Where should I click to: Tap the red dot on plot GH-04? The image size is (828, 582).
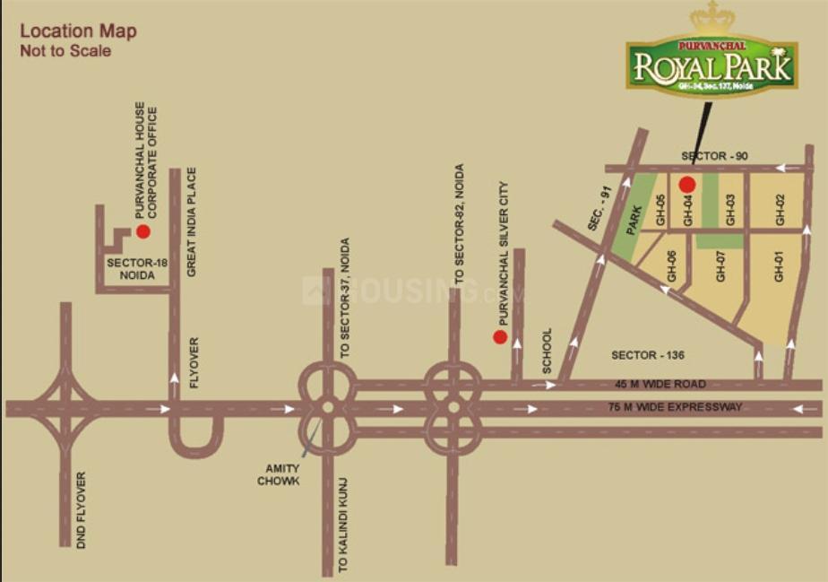point(687,185)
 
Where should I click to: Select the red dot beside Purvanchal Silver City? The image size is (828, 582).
point(500,337)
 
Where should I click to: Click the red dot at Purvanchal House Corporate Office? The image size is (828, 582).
point(142,231)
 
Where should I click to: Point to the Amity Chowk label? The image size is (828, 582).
point(279,475)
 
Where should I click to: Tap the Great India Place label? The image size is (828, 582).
point(191,222)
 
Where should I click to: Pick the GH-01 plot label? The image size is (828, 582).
point(779,267)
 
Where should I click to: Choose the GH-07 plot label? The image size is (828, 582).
point(720,266)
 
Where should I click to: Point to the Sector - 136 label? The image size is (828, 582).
point(648,355)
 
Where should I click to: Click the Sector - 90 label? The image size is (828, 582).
point(714,156)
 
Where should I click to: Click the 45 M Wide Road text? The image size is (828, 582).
point(660,384)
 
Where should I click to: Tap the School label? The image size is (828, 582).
point(548,351)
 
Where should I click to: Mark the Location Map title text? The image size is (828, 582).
point(78,31)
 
